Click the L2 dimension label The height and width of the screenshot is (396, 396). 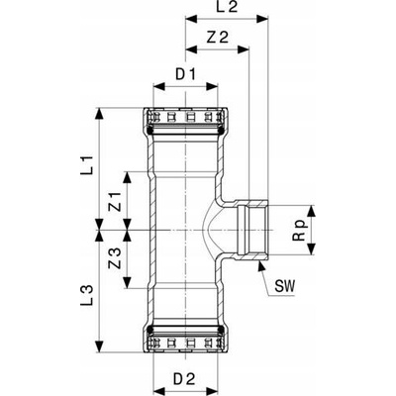coord(227,7)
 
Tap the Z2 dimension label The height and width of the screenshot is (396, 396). coord(218,38)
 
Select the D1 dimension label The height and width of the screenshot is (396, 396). coord(186,75)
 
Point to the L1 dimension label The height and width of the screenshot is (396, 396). coord(88,164)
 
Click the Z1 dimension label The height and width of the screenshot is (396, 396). coord(116,201)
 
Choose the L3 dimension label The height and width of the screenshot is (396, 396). coord(88,295)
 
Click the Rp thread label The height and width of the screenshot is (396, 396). coord(301,229)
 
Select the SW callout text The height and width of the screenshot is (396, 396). coord(284,286)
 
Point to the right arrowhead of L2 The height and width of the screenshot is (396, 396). coord(262,19)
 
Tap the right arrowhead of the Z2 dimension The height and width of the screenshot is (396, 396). coord(244,49)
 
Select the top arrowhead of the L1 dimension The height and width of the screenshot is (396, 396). coord(99,114)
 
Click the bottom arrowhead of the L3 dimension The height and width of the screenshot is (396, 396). coord(99,346)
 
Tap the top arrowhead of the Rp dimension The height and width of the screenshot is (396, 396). coord(311,212)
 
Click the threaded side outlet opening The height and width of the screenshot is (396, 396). coord(253,230)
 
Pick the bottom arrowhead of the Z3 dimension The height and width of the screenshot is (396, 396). coord(127,282)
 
